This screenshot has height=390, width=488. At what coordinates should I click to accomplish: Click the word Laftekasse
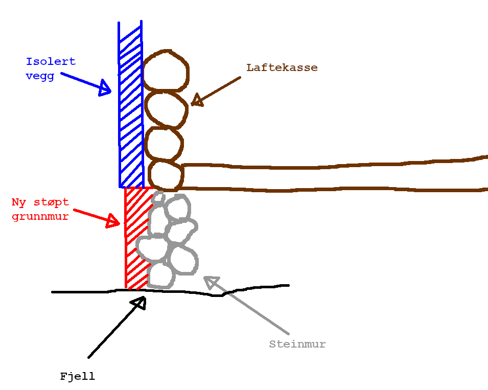click(282, 67)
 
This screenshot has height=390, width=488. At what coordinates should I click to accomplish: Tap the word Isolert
click(51, 62)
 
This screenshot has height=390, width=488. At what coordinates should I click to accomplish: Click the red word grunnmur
click(40, 216)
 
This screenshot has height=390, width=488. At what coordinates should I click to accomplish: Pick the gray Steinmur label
click(297, 344)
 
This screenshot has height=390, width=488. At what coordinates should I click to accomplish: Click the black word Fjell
click(77, 377)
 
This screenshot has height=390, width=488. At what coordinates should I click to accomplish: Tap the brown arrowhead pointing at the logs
click(197, 99)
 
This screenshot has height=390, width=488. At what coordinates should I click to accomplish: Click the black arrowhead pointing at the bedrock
click(139, 303)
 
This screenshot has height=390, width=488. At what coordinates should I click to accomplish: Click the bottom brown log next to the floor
click(165, 175)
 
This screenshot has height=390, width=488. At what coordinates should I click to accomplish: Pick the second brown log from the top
click(166, 108)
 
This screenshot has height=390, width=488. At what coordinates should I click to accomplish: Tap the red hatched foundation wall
click(136, 238)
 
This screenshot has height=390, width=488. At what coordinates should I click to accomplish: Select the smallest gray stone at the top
click(158, 197)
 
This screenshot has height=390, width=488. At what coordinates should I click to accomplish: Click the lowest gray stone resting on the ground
click(161, 275)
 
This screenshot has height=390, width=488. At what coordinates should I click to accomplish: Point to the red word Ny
click(19, 202)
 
